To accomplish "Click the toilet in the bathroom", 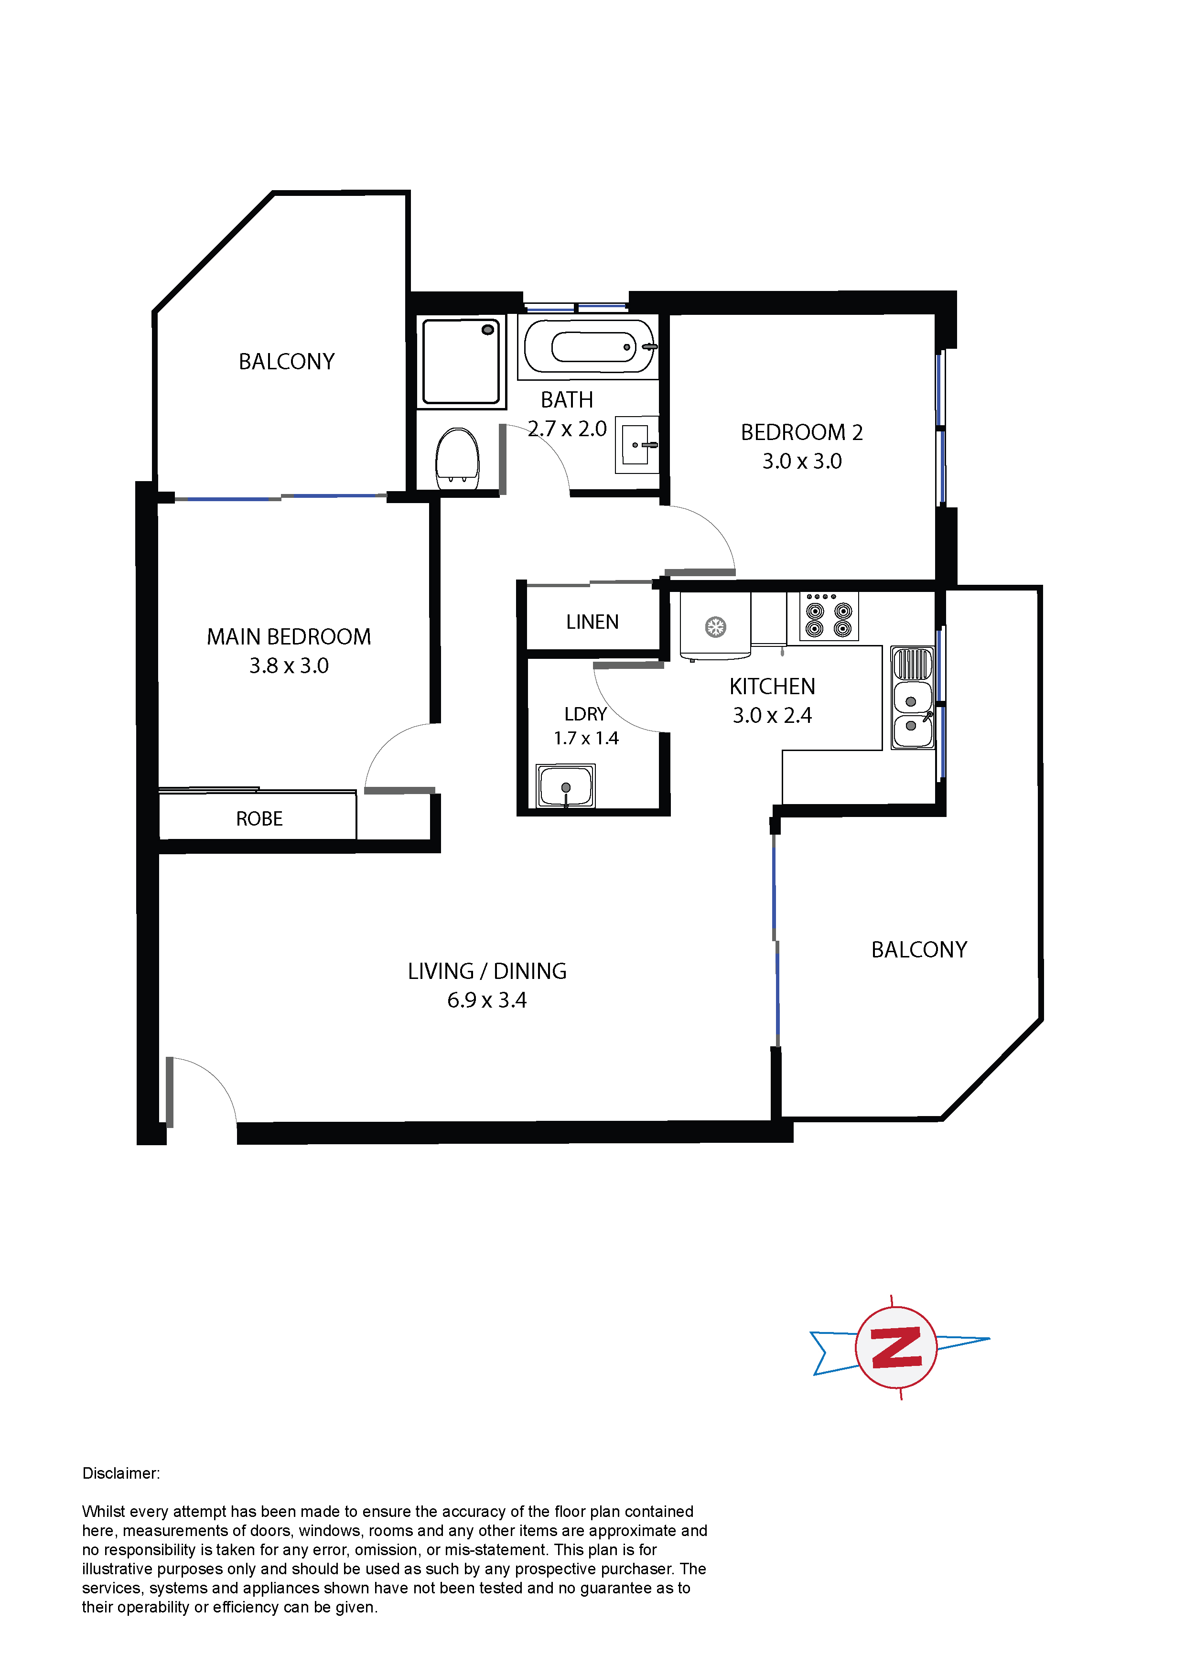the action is point(457,459).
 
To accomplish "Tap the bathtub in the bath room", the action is point(589,347).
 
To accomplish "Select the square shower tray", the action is point(462,361).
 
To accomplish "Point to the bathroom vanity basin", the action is point(636,444).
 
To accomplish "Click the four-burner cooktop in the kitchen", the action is point(829,618).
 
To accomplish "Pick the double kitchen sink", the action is point(913,697).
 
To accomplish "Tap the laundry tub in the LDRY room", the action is point(566,786).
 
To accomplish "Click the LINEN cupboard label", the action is point(592,622).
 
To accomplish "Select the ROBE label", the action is point(259,819).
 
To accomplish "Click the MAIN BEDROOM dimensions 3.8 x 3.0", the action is point(289,666).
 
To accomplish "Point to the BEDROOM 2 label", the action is point(802,432).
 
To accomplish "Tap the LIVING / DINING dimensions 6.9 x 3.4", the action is point(487,1000).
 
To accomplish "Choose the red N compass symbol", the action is point(896,1347).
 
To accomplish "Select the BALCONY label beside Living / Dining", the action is point(919,950).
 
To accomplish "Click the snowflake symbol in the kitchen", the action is point(715,626).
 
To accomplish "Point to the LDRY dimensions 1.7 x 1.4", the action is point(586,738).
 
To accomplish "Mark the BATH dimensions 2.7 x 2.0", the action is point(567,429).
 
